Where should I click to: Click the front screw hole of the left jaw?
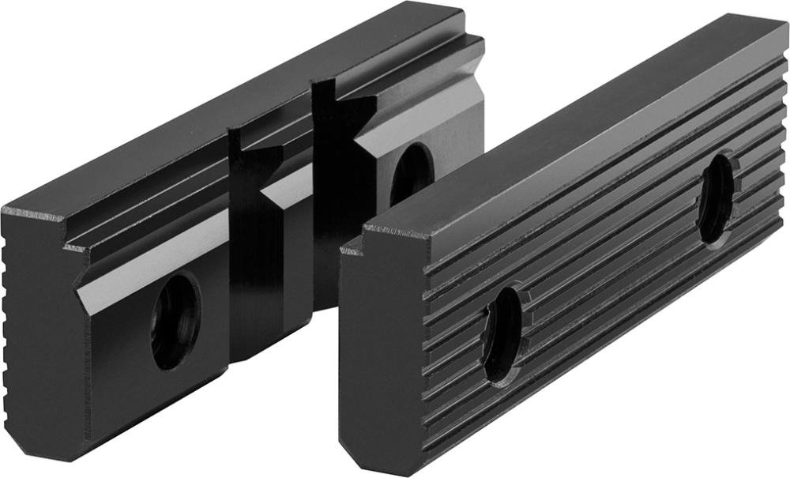click(175, 321)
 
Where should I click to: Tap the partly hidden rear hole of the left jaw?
click(411, 172)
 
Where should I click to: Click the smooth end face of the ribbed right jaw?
click(383, 348)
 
